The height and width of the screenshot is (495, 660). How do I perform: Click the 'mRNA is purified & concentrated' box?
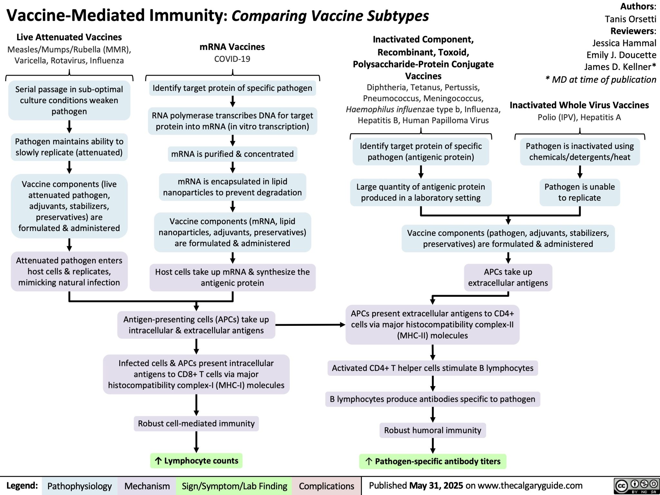(232, 154)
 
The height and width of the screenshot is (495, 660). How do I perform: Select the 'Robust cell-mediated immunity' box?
(196, 423)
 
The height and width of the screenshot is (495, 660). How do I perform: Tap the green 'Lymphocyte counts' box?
(196, 461)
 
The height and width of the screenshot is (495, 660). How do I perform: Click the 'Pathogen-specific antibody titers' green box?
(433, 461)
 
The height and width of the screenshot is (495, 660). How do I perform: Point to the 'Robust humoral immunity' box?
(432, 430)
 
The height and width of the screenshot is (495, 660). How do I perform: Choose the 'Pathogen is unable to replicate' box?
(579, 192)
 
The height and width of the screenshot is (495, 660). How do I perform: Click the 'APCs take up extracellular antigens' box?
(508, 277)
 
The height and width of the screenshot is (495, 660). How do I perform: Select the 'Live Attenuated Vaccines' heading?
(69, 37)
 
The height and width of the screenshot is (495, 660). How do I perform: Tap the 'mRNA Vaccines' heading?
(232, 47)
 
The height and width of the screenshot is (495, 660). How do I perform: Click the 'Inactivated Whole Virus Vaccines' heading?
(579, 105)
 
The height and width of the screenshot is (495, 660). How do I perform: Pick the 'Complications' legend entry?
(326, 486)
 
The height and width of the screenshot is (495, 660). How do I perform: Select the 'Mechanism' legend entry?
(147, 486)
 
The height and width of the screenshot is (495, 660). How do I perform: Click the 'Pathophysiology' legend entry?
(79, 486)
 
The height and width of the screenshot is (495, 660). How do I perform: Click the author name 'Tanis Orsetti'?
(630, 19)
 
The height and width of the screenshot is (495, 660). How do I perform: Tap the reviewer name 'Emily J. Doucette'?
(621, 55)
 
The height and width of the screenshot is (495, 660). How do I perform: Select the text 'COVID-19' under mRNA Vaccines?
(232, 59)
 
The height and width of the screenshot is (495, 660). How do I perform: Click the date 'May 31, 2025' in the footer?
(436, 486)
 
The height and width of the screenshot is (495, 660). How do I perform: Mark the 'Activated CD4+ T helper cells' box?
(432, 368)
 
